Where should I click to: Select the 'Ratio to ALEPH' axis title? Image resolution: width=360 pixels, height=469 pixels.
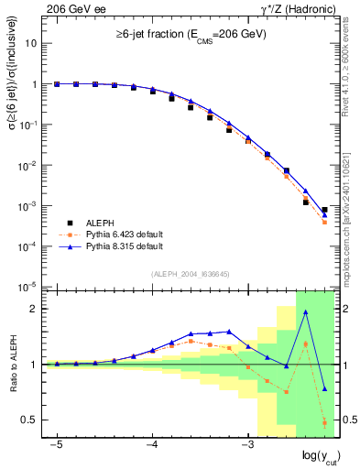pos(13,364)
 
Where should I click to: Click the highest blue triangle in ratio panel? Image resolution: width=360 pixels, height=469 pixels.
pos(305,311)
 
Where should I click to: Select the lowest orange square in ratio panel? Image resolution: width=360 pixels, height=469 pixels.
pos(324,422)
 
